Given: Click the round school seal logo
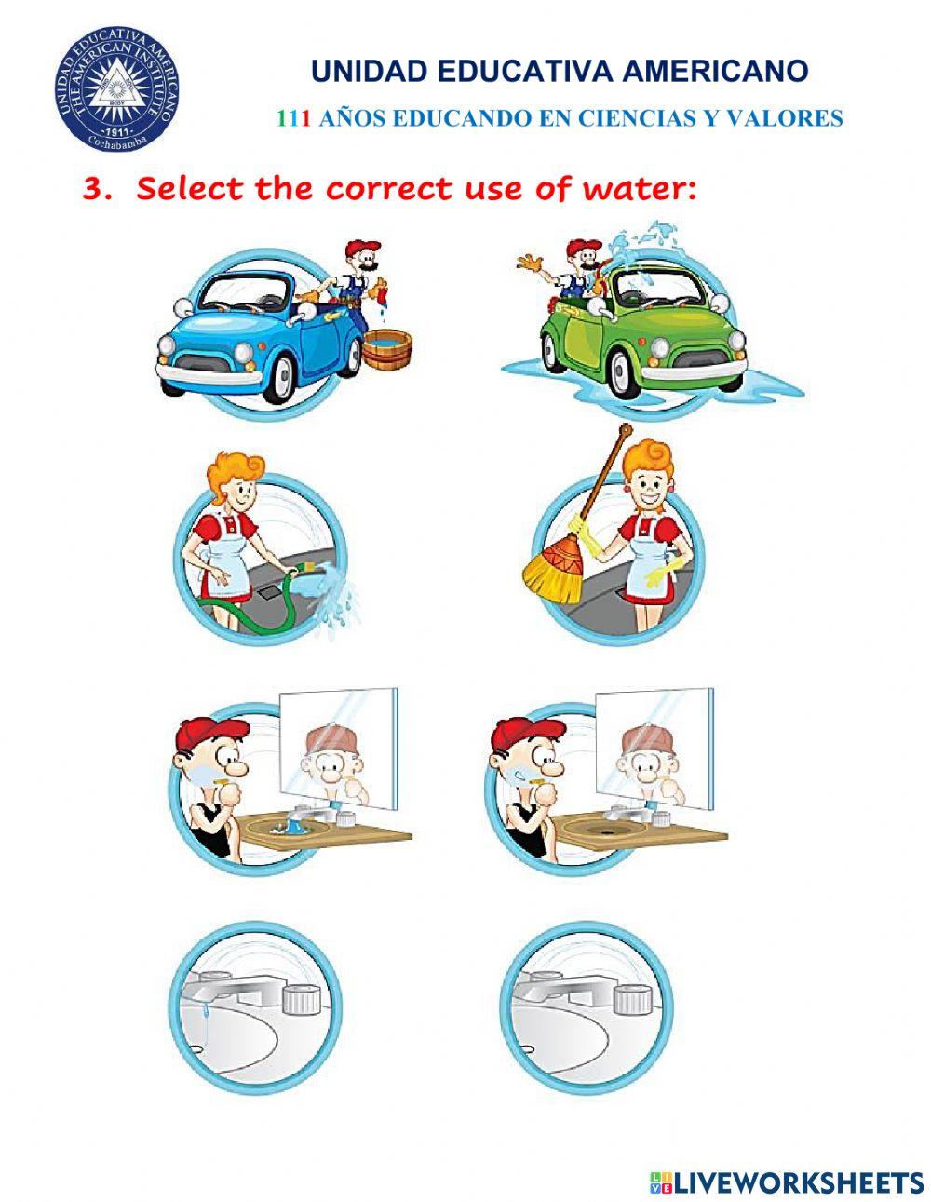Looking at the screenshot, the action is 116,89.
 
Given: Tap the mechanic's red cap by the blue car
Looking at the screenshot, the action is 362,247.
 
